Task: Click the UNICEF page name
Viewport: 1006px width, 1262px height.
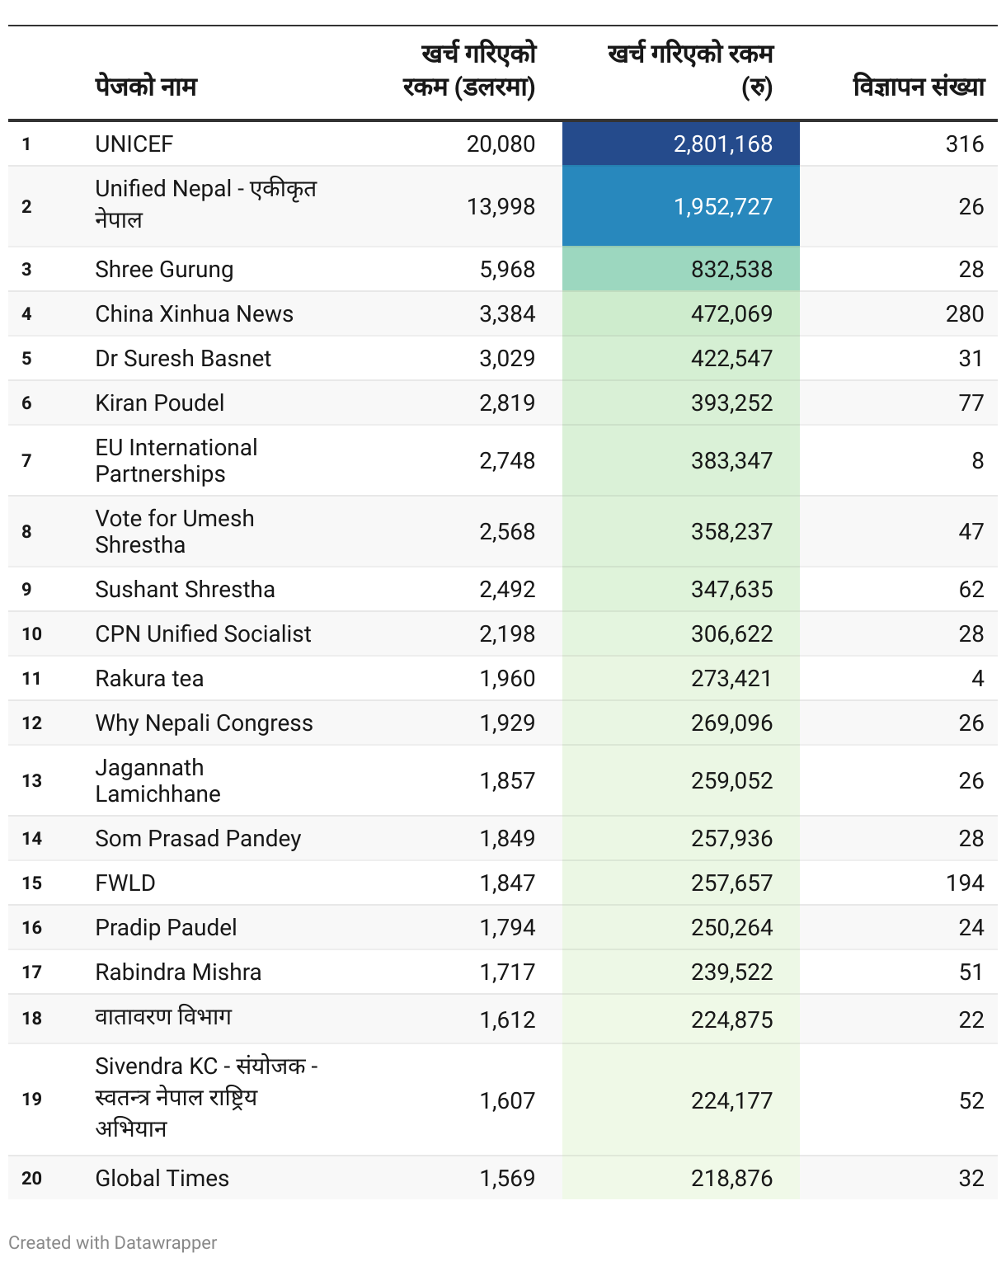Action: pyautogui.click(x=134, y=144)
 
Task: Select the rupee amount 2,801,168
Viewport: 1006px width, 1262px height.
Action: pyautogui.click(x=722, y=144)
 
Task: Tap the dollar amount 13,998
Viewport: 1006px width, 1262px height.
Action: pyautogui.click(x=501, y=206)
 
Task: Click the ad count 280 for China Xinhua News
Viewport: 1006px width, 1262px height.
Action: pyautogui.click(x=964, y=314)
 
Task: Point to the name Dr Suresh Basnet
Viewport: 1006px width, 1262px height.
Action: pyautogui.click(x=183, y=359)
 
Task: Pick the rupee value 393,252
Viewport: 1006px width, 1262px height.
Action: pyautogui.click(x=731, y=403)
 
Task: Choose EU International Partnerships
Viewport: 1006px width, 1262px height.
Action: pyautogui.click(x=176, y=460)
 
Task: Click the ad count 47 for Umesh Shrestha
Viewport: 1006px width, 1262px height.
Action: pyautogui.click(x=971, y=531)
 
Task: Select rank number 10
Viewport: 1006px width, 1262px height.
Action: pyautogui.click(x=31, y=634)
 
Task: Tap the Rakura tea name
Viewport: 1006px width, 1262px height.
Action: pyautogui.click(x=149, y=679)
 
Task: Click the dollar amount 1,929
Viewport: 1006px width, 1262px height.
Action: pyautogui.click(x=507, y=723)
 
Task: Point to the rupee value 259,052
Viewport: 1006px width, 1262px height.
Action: pyautogui.click(x=731, y=781)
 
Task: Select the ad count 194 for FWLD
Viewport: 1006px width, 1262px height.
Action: pyautogui.click(x=965, y=883)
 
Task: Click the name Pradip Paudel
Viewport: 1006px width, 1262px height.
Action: pyautogui.click(x=166, y=928)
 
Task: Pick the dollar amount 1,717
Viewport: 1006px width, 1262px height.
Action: pyautogui.click(x=507, y=972)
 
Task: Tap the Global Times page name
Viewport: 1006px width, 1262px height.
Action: pyautogui.click(x=162, y=1179)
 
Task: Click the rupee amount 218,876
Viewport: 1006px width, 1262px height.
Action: pyautogui.click(x=731, y=1179)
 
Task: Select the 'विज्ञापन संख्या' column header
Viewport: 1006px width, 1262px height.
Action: pyautogui.click(x=919, y=87)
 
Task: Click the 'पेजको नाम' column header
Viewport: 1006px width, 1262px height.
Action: pyautogui.click(x=146, y=87)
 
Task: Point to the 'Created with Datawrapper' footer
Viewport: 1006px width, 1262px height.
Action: pyautogui.click(x=113, y=1242)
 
